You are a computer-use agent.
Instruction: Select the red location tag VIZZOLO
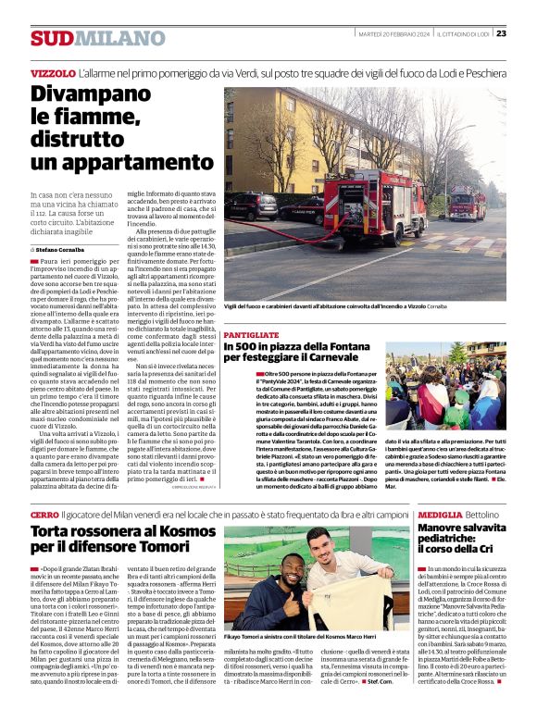tap(53, 72)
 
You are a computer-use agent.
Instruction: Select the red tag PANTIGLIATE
tap(251, 334)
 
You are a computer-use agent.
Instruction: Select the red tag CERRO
tap(44, 514)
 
